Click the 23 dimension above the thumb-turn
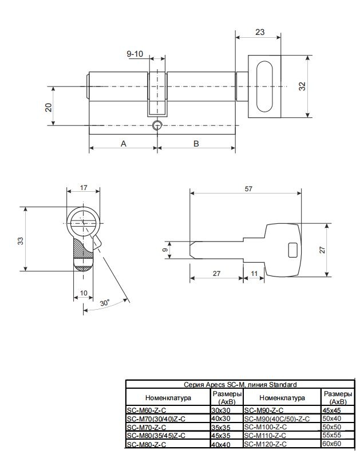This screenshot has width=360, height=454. point(260,32)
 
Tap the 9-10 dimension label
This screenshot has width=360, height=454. point(135,54)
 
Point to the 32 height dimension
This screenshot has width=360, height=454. point(302,86)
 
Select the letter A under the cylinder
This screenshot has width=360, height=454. point(124,144)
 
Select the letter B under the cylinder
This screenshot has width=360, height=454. point(196,144)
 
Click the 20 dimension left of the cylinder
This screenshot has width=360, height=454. point(48,108)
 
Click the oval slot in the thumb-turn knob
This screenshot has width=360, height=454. point(264,86)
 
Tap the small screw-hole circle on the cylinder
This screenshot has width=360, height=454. point(157,125)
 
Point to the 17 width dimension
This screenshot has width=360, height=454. point(84,188)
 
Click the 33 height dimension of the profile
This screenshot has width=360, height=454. point(20,241)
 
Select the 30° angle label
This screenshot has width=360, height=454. point(105,303)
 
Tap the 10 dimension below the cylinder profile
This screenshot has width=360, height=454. point(84,293)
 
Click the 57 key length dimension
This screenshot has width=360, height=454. point(248,189)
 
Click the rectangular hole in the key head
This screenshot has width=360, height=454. point(293,250)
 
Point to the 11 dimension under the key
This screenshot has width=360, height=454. point(254,274)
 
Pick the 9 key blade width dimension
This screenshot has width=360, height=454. point(165,250)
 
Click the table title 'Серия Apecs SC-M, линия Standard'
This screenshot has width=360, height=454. point(240,385)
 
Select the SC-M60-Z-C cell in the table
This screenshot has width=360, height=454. point(147,410)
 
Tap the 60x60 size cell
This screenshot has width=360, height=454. point(331,444)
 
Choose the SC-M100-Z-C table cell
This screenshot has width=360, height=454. point(266,427)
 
